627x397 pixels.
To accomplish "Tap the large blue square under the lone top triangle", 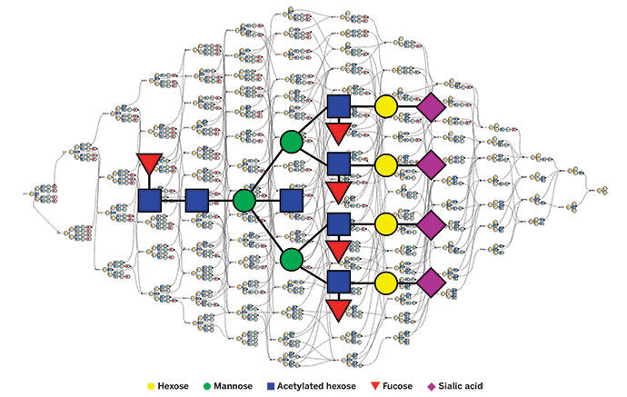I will point(149,200).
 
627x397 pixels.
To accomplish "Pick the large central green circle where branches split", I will point(244,200).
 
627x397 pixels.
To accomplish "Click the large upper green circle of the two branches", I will point(292,142).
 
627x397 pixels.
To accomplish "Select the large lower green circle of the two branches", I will point(292,259).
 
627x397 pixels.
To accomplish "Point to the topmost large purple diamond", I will point(432,107).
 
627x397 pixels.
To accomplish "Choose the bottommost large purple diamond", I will point(432,283).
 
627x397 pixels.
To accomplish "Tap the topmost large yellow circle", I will point(385,107).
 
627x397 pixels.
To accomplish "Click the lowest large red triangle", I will point(339,310).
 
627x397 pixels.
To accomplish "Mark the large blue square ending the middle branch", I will point(291,200).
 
